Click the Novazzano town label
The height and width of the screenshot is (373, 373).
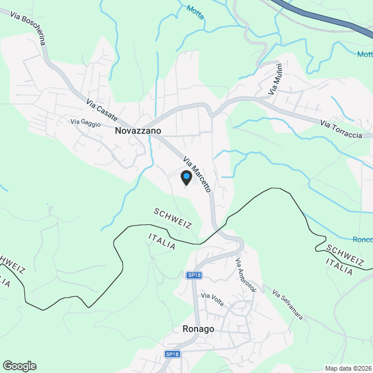click(x=138, y=131)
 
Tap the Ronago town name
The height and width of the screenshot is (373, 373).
click(x=198, y=329)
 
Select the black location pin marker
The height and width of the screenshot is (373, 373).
click(x=186, y=178)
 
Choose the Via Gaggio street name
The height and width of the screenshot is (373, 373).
click(x=86, y=123)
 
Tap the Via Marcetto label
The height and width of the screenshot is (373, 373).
click(x=196, y=174)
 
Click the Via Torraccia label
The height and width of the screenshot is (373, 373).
click(x=341, y=129)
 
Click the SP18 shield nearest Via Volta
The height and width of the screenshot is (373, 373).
click(x=194, y=275)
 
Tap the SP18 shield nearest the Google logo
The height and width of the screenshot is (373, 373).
click(x=172, y=354)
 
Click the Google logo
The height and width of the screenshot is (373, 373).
click(x=19, y=365)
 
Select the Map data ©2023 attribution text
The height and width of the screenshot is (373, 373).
click(x=347, y=368)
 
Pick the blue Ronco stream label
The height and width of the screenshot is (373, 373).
click(x=363, y=239)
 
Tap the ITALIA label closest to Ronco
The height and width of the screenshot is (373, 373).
click(x=339, y=267)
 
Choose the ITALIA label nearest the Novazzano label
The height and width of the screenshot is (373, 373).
click(x=162, y=241)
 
